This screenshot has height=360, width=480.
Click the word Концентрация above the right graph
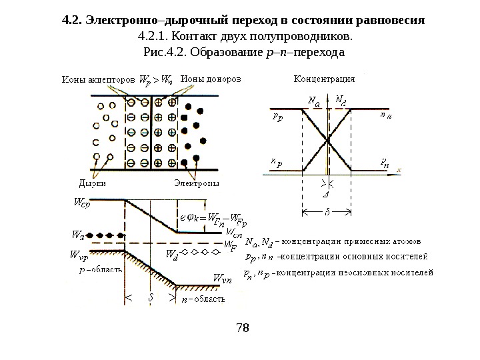click(325, 78)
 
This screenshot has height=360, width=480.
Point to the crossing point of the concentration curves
click(327, 139)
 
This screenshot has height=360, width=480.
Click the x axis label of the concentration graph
click(399, 170)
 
